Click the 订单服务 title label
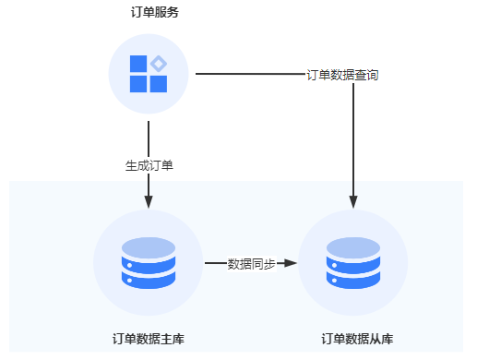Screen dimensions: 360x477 tap(149, 13)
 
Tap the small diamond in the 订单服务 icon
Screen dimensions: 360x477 tap(159, 64)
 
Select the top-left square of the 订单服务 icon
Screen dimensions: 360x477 tap(138, 64)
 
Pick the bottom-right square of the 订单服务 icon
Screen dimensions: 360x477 tap(158, 84)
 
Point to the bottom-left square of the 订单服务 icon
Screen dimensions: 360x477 tap(138, 84)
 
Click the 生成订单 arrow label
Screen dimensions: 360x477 tap(149, 166)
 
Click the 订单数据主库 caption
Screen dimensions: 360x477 tap(148, 339)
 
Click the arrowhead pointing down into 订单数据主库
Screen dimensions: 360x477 tap(149, 199)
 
